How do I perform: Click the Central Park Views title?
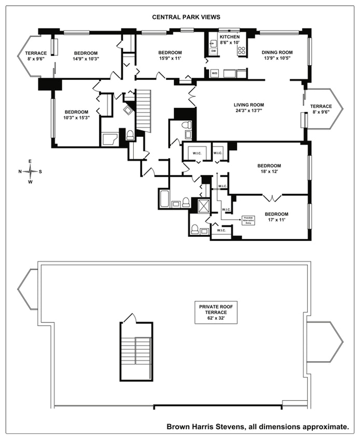tap(179, 17)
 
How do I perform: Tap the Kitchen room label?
tap(229, 38)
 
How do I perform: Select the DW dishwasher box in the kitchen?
tap(213, 51)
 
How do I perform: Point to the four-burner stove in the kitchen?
tap(241, 50)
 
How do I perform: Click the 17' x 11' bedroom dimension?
tap(276, 220)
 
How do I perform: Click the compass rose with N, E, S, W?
tap(30, 172)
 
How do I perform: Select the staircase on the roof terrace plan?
tap(136, 352)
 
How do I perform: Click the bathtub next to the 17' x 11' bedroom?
tap(164, 199)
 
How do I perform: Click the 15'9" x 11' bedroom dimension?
tap(170, 59)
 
